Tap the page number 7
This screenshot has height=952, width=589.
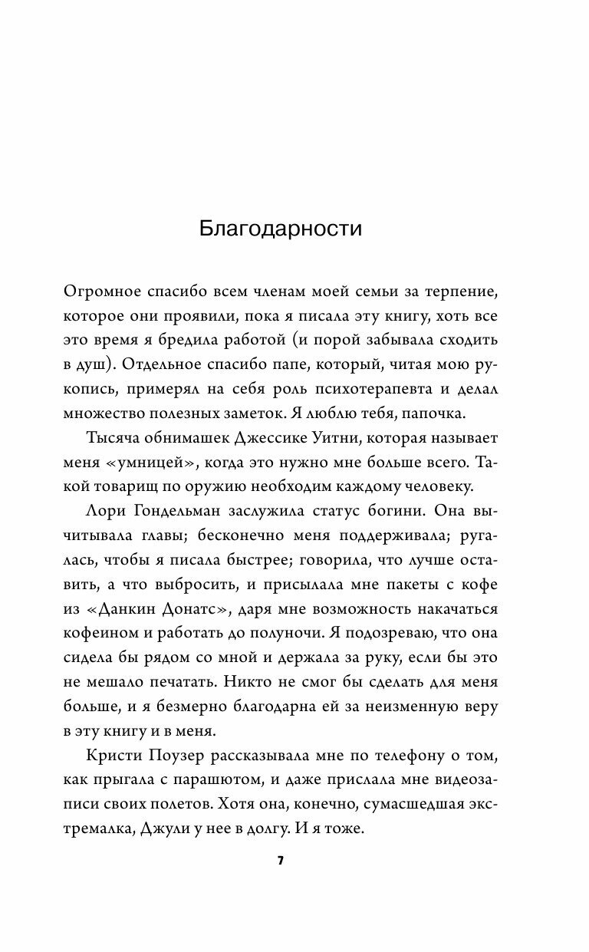click(281, 861)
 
